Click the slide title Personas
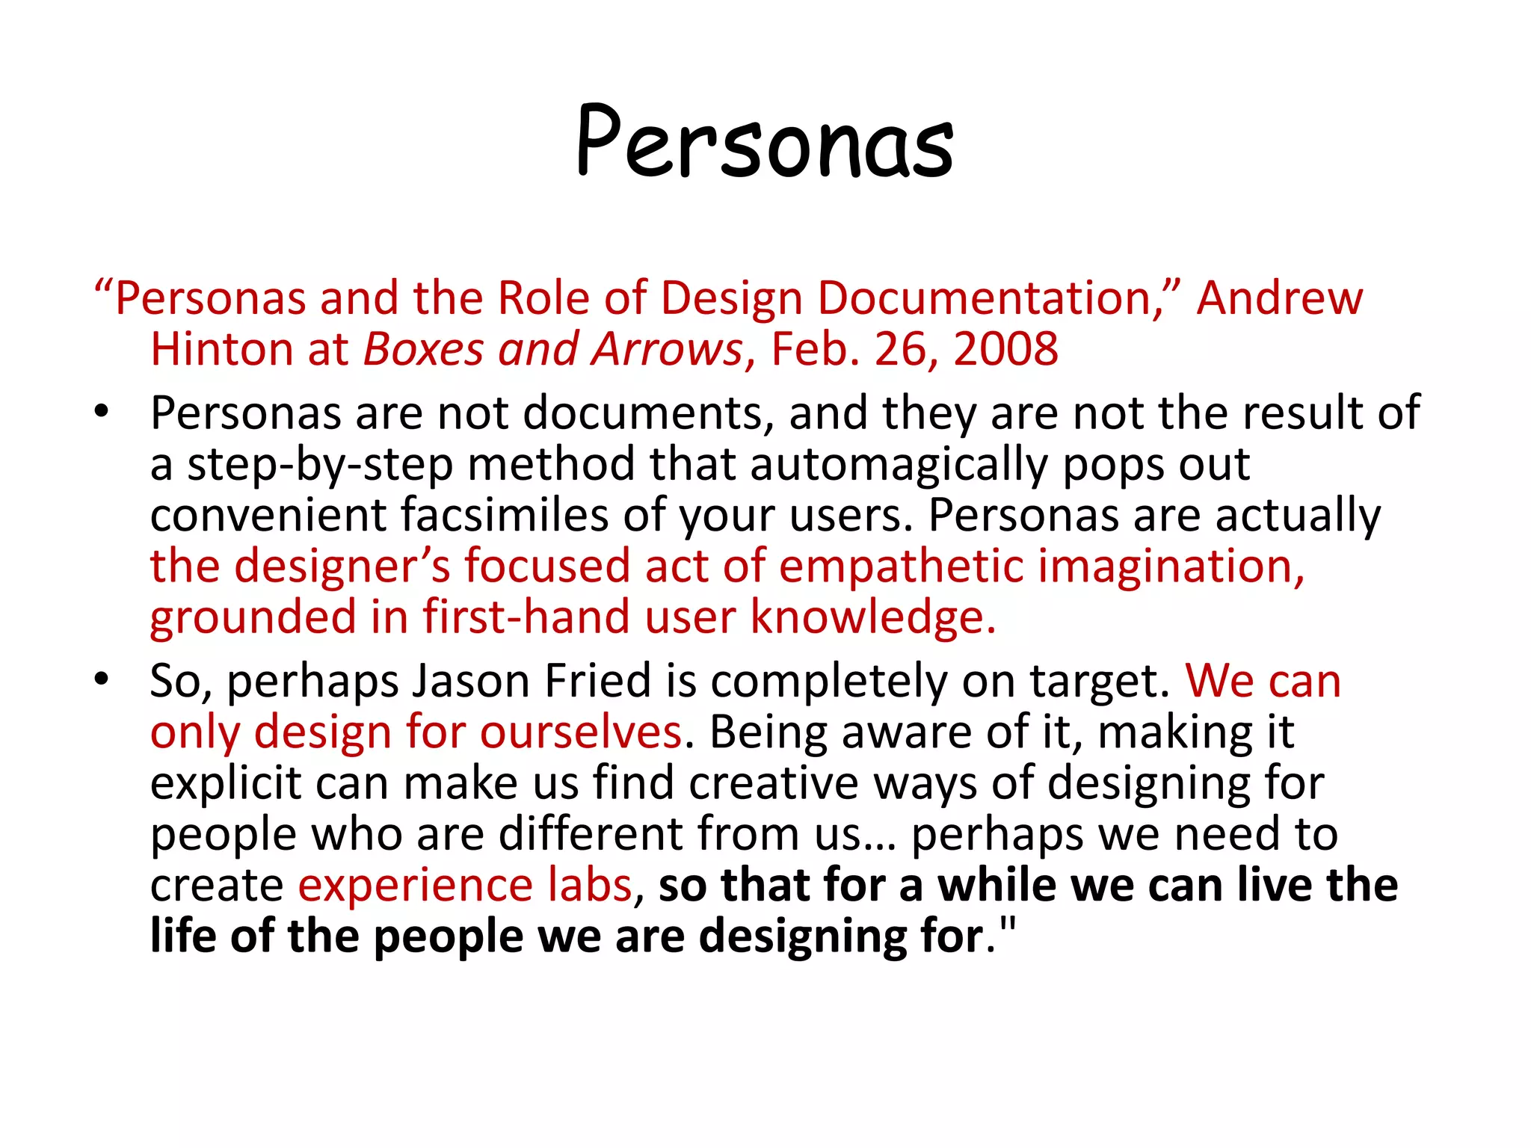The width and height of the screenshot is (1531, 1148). click(765, 142)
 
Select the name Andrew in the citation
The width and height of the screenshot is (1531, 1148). click(1280, 298)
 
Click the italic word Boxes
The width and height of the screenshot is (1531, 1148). click(423, 349)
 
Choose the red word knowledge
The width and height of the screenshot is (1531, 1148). click(872, 617)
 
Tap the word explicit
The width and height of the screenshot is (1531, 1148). click(225, 783)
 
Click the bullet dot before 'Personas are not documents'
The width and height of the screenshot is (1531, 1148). click(102, 413)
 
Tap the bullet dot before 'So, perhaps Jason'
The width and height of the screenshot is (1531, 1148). click(102, 680)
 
